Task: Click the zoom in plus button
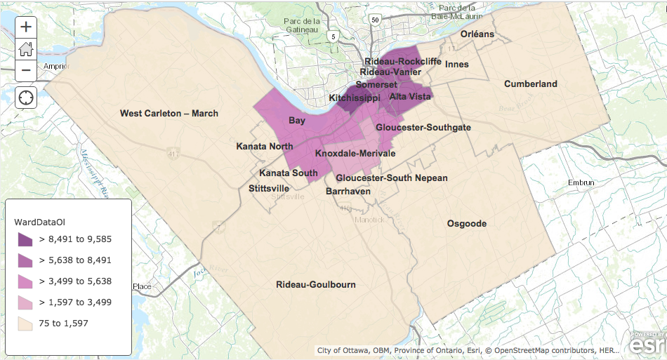[26, 27]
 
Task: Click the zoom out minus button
[26, 70]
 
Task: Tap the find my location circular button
[26, 97]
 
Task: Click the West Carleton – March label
[169, 113]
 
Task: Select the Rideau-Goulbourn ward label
[316, 285]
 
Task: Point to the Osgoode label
[467, 224]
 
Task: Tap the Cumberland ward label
[531, 84]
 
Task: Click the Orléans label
[477, 34]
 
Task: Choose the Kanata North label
[265, 147]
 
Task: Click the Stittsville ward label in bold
[269, 188]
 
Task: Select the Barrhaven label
[348, 191]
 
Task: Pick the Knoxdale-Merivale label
[355, 153]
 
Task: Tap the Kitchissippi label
[355, 98]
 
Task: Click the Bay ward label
[297, 121]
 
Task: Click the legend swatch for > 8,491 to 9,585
[25, 239]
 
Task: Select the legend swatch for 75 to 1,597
[25, 324]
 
